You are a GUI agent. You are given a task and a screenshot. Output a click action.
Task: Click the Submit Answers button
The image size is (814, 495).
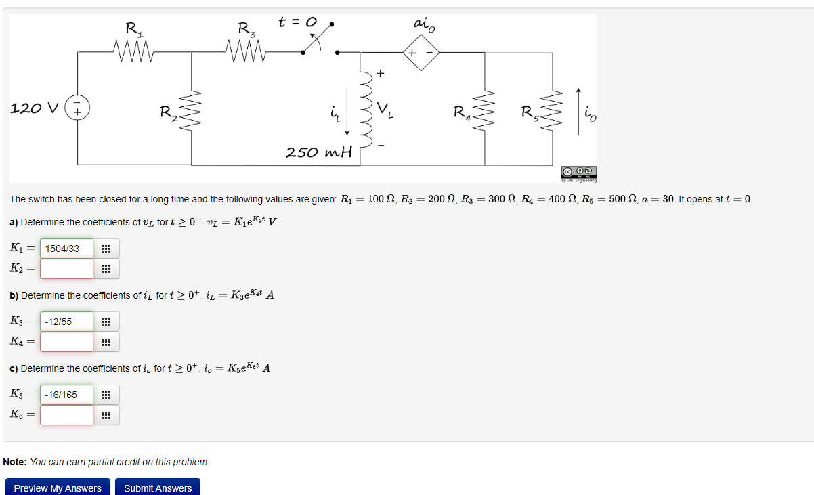tap(158, 488)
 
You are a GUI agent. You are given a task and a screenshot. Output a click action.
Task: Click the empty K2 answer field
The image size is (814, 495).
tap(66, 269)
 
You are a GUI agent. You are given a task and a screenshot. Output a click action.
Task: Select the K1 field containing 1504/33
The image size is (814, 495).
tap(66, 249)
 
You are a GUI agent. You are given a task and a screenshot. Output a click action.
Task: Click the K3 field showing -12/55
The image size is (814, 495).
tap(66, 322)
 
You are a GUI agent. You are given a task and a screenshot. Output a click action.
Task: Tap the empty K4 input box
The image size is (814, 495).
tap(66, 342)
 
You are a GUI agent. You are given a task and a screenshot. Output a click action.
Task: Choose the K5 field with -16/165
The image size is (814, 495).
tap(66, 395)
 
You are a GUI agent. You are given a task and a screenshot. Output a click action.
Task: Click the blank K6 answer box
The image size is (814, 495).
tap(66, 415)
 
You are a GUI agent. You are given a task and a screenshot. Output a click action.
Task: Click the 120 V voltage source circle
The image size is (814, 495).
tap(77, 108)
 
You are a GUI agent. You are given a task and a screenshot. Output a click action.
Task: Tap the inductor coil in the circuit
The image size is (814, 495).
tap(365, 108)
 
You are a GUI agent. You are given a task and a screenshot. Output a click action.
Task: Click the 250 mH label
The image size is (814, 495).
tap(319, 152)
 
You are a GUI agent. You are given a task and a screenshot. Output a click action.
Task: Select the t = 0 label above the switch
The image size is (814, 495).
tap(298, 22)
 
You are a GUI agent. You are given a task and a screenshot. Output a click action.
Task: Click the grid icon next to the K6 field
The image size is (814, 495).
tap(106, 415)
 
